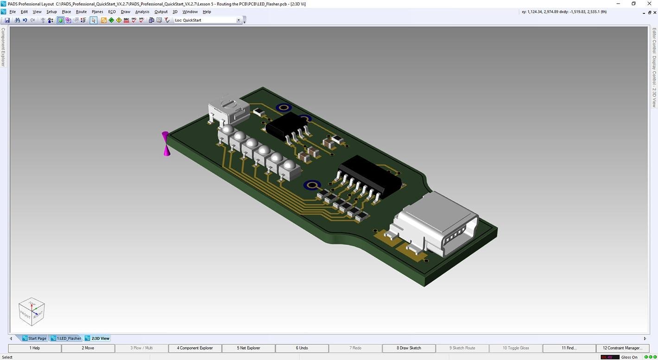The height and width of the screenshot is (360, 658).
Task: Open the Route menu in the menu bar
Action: tap(81, 12)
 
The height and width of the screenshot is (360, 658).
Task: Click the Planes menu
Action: tap(97, 12)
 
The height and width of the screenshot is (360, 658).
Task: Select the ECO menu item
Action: tap(112, 12)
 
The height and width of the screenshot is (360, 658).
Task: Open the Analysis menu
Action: tap(142, 12)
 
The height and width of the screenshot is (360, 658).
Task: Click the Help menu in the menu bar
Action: tap(207, 12)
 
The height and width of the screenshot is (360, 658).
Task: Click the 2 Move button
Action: tap(88, 348)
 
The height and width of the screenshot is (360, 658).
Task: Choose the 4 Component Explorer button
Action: tap(195, 348)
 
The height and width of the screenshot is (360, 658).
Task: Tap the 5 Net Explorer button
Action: tap(249, 348)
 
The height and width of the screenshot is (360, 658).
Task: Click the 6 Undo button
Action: tap(302, 348)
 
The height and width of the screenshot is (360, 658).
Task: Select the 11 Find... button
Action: tap(569, 348)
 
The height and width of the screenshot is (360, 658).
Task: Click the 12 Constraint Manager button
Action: tap(622, 348)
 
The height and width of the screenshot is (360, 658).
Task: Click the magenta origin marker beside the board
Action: tap(166, 144)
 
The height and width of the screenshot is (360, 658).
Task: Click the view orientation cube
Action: tap(32, 311)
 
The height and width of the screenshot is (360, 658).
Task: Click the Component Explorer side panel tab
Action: tap(3, 47)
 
